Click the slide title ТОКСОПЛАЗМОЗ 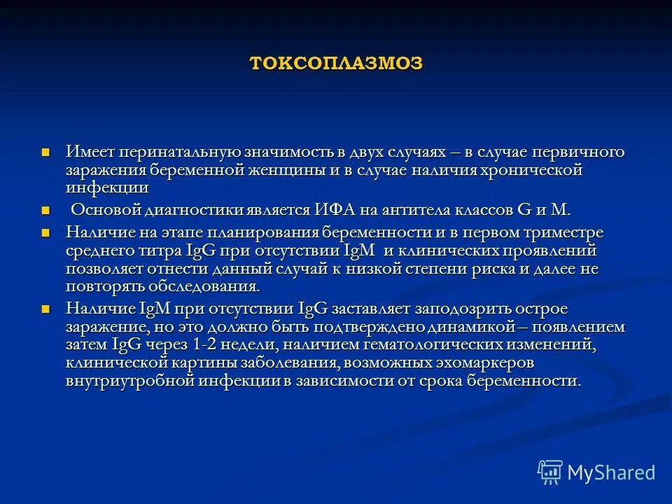tap(336, 63)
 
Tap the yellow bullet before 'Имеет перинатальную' tap(46, 152)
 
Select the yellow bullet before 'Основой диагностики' tap(46, 210)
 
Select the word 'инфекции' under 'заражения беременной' tap(107, 188)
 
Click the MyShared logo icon tap(550, 472)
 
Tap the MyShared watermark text tap(611, 472)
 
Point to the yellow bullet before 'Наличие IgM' tap(46, 309)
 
